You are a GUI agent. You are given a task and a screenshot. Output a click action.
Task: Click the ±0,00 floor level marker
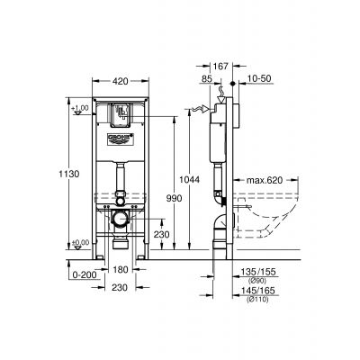point(80,242)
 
